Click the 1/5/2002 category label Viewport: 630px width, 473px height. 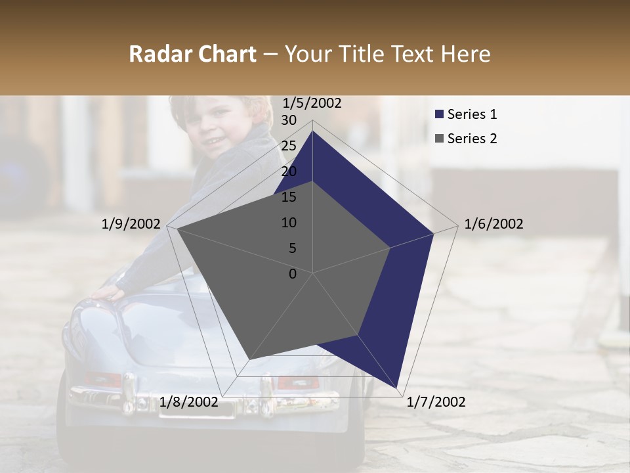(x=312, y=103)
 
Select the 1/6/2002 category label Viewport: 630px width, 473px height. (x=493, y=224)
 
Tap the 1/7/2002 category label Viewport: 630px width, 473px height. (x=436, y=402)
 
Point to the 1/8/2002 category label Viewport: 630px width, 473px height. (x=189, y=402)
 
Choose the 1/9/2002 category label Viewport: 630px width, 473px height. (x=131, y=224)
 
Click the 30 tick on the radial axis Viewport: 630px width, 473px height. (x=289, y=120)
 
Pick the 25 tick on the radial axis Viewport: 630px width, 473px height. (x=289, y=146)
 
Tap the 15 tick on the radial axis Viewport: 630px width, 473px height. (x=289, y=197)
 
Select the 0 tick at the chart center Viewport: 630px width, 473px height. (x=293, y=274)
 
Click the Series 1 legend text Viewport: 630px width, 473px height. (x=472, y=114)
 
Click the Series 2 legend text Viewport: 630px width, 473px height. (x=472, y=139)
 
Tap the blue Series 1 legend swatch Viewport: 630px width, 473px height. (x=439, y=114)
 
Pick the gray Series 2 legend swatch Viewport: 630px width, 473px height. (x=439, y=139)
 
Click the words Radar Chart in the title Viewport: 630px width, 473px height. (x=192, y=55)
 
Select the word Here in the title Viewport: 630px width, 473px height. (x=465, y=55)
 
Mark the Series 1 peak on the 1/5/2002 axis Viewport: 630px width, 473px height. (x=313, y=131)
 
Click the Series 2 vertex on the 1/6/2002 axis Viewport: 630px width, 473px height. (x=390, y=248)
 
